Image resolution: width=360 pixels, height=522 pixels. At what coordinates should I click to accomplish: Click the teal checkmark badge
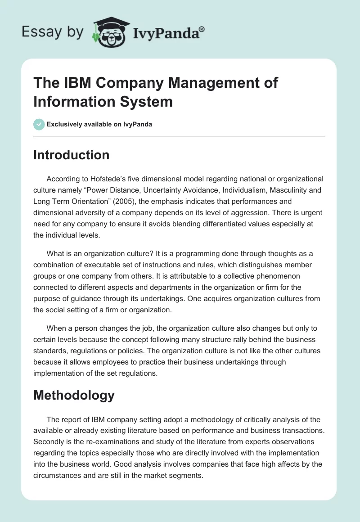39,124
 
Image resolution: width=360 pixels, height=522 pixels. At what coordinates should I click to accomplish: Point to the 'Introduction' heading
72,155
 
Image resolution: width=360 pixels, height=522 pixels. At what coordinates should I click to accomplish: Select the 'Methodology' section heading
74,395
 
